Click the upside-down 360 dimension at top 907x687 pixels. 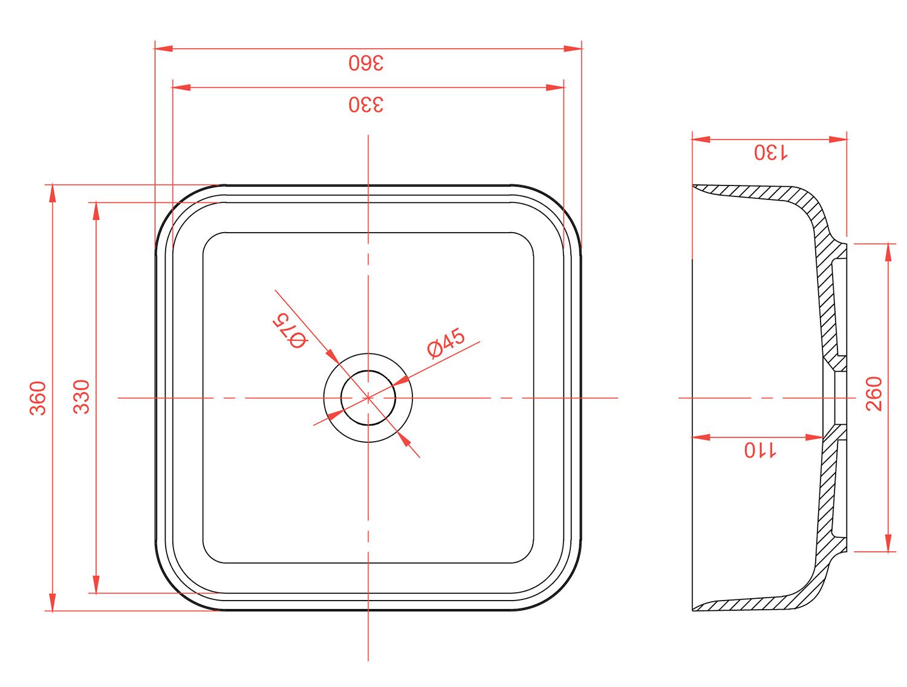(366, 63)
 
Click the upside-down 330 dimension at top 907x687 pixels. (366, 105)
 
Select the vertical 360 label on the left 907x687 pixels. (38, 398)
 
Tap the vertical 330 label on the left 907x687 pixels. (82, 397)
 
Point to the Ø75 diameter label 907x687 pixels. (290, 331)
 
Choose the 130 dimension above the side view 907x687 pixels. (770, 152)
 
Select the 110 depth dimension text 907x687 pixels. (760, 450)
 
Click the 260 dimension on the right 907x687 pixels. (874, 394)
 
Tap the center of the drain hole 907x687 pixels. (368, 398)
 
